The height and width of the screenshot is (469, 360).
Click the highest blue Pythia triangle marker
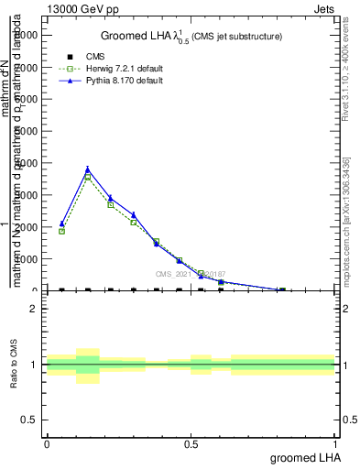88,169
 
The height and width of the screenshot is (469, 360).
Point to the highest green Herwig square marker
88,176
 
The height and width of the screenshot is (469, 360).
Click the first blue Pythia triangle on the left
61,224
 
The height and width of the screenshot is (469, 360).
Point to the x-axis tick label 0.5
191,443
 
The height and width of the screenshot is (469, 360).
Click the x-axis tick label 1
335,443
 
